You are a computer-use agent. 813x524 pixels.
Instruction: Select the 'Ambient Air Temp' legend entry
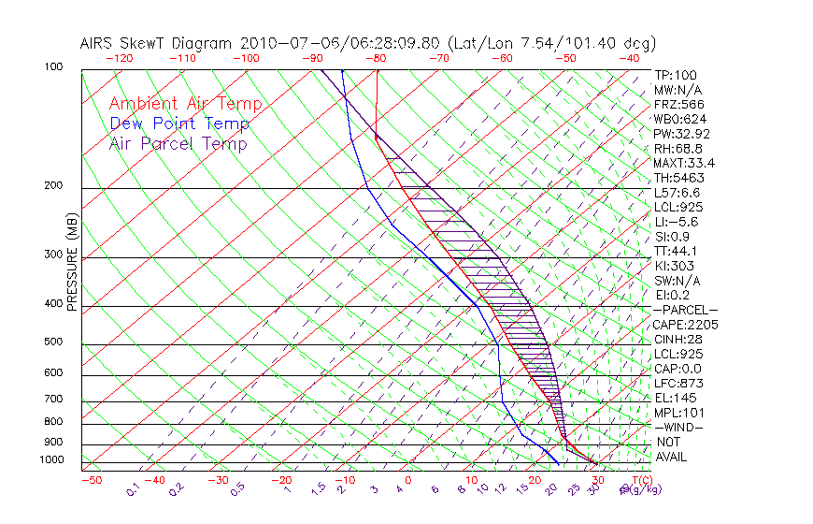pyautogui.click(x=185, y=105)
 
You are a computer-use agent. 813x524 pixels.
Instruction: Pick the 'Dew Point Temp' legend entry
pyautogui.click(x=179, y=124)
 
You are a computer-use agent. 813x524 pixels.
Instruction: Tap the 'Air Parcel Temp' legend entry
pyautogui.click(x=178, y=144)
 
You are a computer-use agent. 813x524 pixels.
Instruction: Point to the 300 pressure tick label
pyautogui.click(x=54, y=255)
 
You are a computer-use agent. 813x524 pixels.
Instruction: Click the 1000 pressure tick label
pyautogui.click(x=52, y=460)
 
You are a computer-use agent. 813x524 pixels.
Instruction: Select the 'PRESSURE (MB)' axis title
pyautogui.click(x=71, y=262)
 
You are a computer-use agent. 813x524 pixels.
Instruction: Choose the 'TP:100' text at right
pyautogui.click(x=675, y=76)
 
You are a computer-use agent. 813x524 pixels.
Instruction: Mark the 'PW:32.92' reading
pyautogui.click(x=681, y=135)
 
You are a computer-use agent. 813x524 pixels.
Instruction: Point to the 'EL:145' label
pyautogui.click(x=675, y=398)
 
